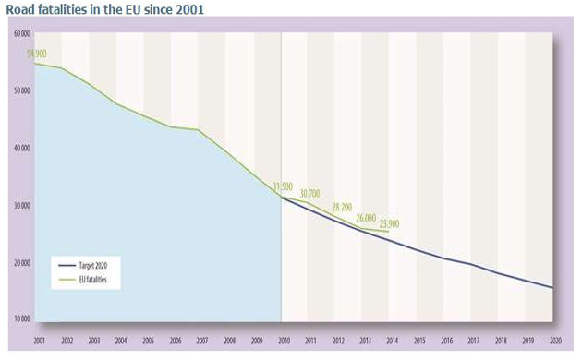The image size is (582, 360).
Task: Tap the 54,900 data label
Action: click(x=38, y=54)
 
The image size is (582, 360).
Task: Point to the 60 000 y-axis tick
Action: click(x=21, y=33)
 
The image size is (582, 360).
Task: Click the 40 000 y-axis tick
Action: click(x=21, y=148)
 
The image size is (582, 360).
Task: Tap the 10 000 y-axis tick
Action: click(x=21, y=318)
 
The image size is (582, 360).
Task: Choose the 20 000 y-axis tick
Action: click(x=21, y=262)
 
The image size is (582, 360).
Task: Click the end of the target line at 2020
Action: click(x=552, y=288)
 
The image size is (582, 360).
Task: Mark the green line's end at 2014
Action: click(x=389, y=231)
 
